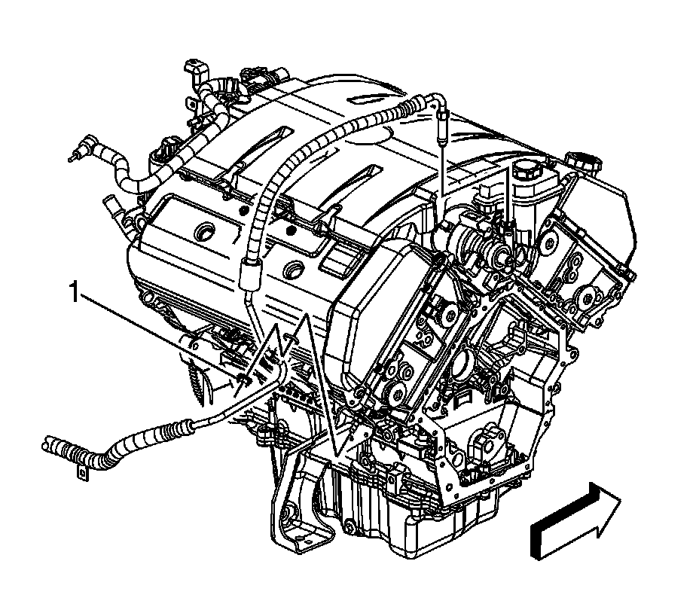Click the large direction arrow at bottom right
click(x=575, y=520)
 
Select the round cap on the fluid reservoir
click(x=528, y=169)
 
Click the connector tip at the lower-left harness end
click(x=48, y=444)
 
